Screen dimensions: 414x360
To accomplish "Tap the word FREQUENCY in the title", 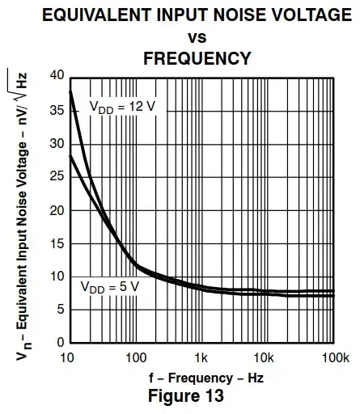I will click(x=197, y=58).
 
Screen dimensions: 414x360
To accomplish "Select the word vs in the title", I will click(x=197, y=37).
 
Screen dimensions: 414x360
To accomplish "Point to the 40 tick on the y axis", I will click(x=56, y=76).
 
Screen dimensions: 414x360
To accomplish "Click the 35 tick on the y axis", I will click(x=56, y=110).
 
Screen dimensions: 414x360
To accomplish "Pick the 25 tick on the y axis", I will click(x=56, y=176).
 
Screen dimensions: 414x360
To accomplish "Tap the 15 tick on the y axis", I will click(x=56, y=243).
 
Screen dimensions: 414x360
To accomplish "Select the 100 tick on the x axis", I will click(x=135, y=357).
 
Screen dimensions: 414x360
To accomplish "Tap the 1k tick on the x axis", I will click(x=201, y=357).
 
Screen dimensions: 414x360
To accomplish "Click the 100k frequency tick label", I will click(x=332, y=357).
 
